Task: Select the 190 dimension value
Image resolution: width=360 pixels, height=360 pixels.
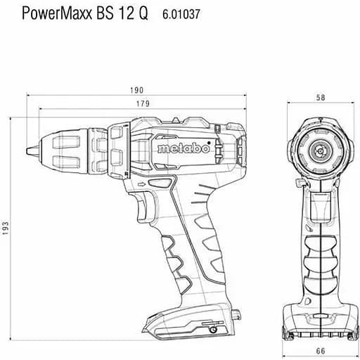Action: click(136, 90)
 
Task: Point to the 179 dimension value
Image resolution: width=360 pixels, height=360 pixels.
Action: click(143, 103)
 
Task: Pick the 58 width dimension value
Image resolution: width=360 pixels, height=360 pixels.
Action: click(321, 98)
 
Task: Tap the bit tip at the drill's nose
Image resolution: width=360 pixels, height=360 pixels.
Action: click(30, 150)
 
